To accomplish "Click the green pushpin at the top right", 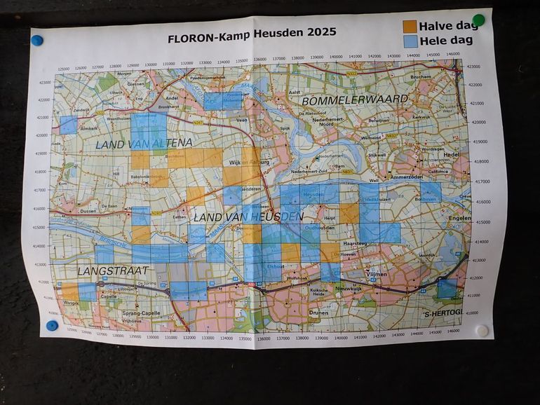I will pos(478,20).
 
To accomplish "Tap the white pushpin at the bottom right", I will pos(482,329).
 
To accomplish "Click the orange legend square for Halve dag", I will pos(410,26).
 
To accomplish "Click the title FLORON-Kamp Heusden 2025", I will pos(252,32).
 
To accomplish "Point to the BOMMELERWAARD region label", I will pos(355,99).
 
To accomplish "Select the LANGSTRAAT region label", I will pos(87,270).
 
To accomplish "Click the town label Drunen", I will pos(318,313).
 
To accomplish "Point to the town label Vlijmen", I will pos(378,276).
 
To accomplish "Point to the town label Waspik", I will pos(72,303).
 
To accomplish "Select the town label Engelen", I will pos(459,218).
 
